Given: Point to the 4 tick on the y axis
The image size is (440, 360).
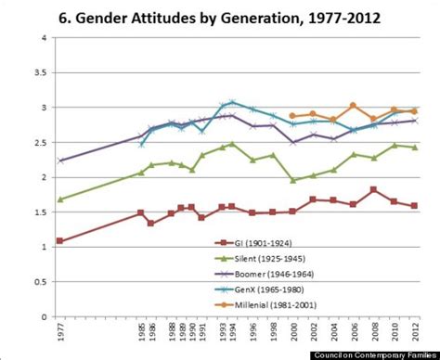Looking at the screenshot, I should [x=45, y=38].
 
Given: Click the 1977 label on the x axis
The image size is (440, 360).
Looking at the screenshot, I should [x=60, y=329].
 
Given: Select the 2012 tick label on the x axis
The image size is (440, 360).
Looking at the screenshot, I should [x=413, y=329].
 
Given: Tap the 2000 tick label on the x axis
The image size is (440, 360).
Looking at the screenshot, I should [x=291, y=329].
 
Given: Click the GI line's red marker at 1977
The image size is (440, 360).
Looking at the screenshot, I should [x=60, y=241].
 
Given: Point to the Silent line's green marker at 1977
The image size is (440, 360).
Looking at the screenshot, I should [x=60, y=199].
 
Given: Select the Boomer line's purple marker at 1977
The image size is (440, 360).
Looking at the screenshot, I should [x=60, y=161].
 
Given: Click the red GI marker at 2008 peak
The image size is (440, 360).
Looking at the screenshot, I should [x=373, y=189].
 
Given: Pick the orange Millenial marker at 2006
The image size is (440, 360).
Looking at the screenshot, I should [x=353, y=105].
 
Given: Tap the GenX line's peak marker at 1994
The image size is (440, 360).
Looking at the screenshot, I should [x=231, y=102].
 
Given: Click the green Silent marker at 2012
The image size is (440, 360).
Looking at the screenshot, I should [x=414, y=148].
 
